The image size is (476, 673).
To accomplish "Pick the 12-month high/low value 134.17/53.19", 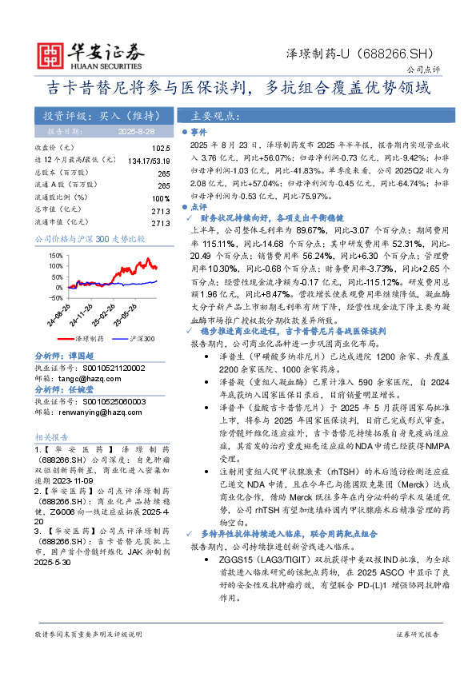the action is (x=148, y=160).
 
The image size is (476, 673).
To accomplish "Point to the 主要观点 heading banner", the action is (x=214, y=115).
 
